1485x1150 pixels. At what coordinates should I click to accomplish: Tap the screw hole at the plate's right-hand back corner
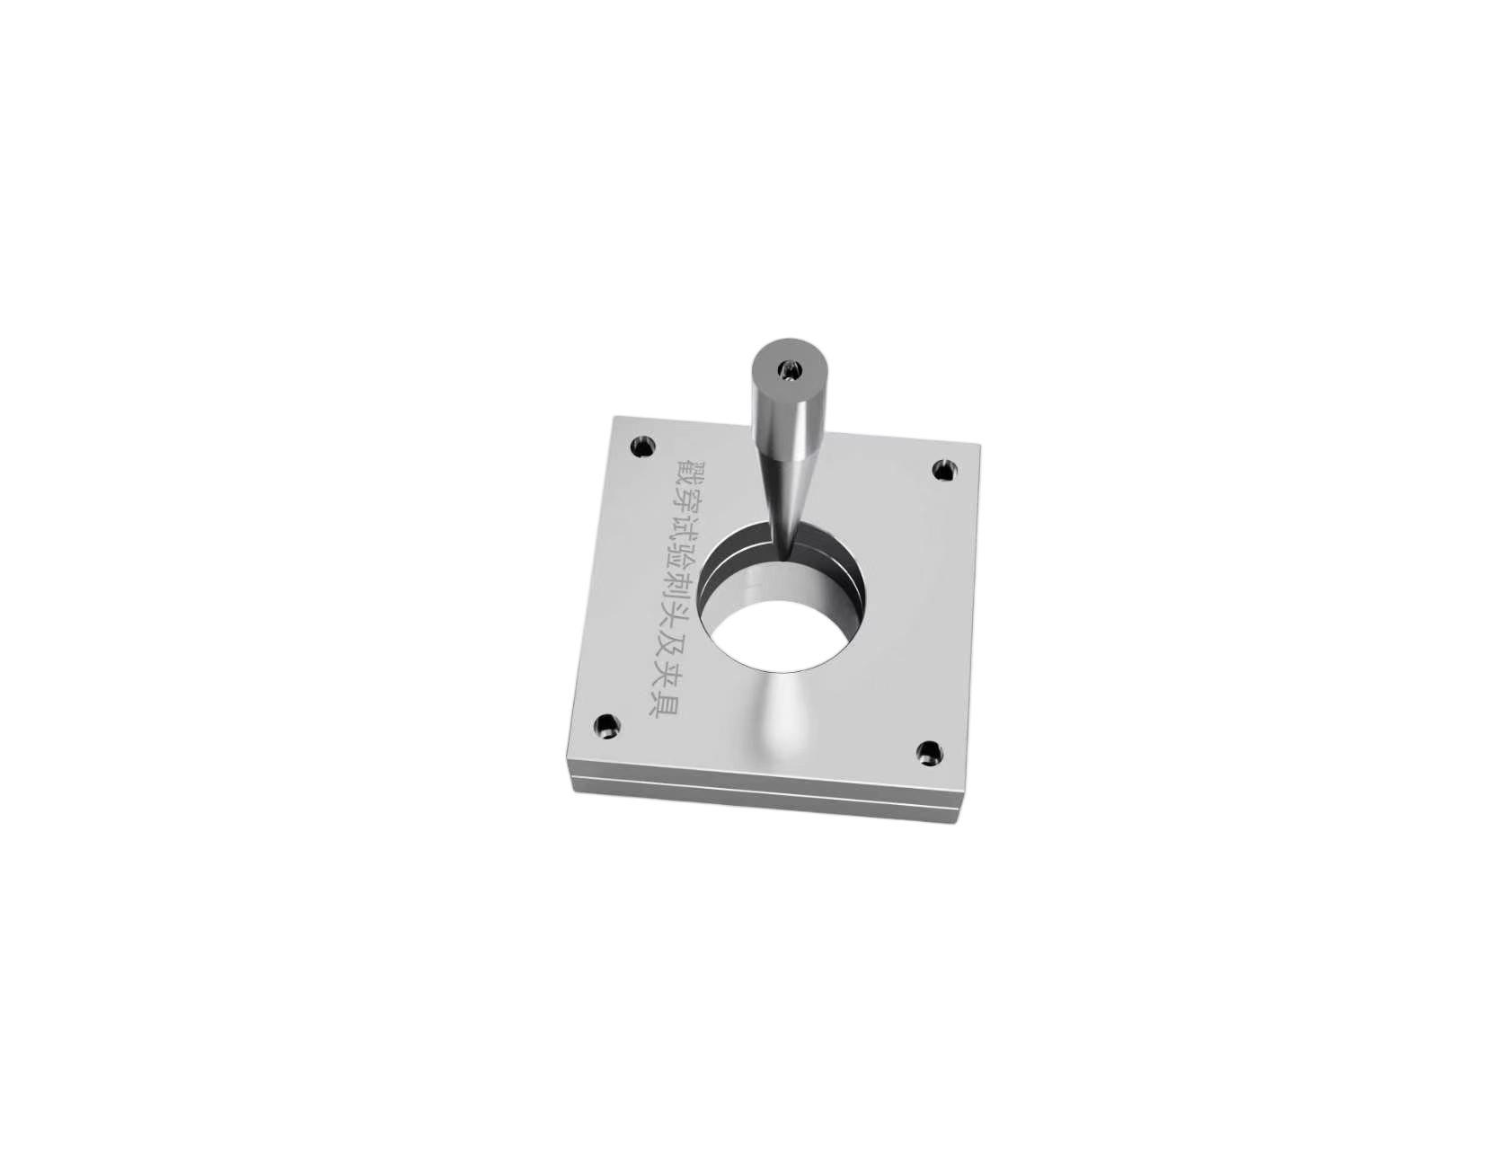coord(945,469)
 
